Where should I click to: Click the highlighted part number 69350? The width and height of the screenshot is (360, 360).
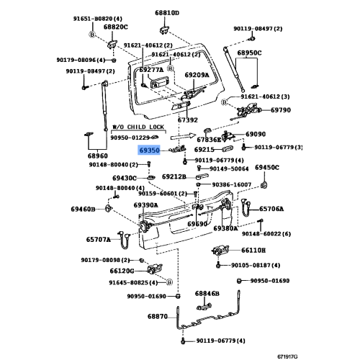click(x=150, y=150)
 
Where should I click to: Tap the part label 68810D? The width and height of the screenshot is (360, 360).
click(x=167, y=13)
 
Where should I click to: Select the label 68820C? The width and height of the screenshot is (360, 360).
click(x=116, y=27)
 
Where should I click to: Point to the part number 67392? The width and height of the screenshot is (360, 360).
click(x=188, y=120)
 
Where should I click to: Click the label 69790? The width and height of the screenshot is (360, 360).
click(x=281, y=110)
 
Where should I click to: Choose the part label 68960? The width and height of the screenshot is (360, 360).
click(x=98, y=156)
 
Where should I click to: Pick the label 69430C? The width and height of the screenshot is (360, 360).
click(x=125, y=178)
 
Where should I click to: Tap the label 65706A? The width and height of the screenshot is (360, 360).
click(x=271, y=209)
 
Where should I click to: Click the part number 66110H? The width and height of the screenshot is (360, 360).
click(x=253, y=251)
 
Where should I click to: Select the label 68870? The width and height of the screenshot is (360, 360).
click(x=158, y=317)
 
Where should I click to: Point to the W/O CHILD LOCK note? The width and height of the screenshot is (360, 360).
click(x=138, y=127)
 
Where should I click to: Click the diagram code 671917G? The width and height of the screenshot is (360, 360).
click(x=287, y=356)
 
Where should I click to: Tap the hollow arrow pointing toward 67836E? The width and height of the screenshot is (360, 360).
click(x=184, y=136)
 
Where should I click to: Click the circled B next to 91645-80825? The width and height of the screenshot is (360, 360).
click(x=169, y=282)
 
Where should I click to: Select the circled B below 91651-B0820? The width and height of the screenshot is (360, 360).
click(x=92, y=35)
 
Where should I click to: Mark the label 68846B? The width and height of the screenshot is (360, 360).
click(x=207, y=294)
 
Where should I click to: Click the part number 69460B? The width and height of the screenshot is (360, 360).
click(x=83, y=210)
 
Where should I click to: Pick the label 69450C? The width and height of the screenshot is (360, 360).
click(x=267, y=167)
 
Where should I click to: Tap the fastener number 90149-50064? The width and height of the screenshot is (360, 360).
click(x=229, y=169)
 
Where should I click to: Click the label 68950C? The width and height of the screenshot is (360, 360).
click(x=249, y=53)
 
